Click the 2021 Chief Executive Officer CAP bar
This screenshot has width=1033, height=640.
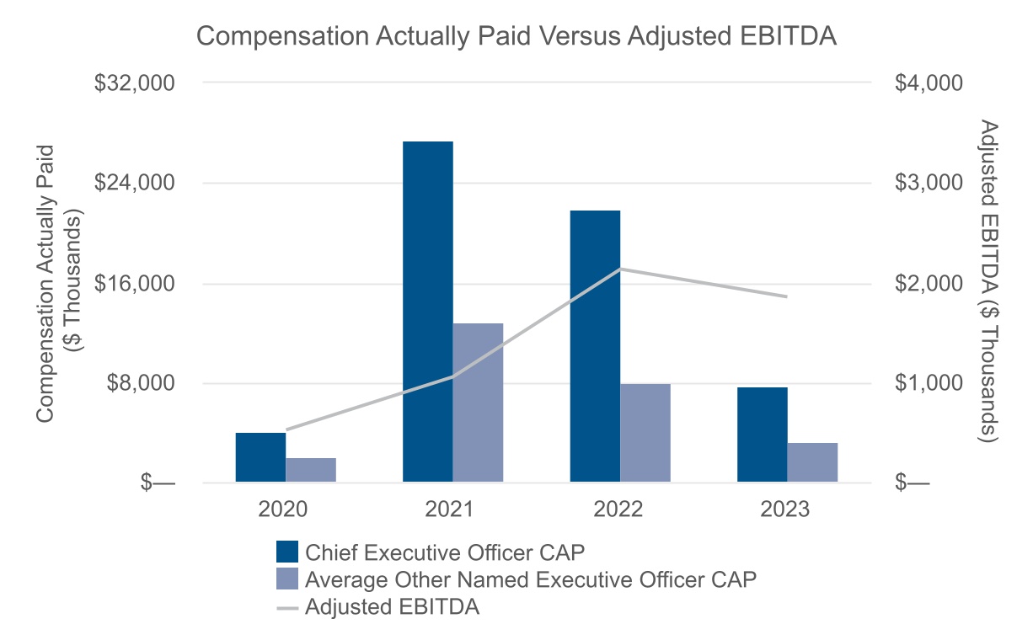coord(427,312)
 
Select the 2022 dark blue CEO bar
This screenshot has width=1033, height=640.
coord(595,346)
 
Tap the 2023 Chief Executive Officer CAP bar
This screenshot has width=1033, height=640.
coord(762,435)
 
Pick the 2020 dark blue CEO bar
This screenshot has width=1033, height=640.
coord(260,457)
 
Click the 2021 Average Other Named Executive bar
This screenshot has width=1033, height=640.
coord(478,403)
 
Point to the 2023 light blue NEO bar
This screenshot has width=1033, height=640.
coord(812,462)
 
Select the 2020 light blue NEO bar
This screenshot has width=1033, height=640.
coord(311,470)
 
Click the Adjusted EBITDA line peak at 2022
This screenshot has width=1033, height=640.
coord(620,269)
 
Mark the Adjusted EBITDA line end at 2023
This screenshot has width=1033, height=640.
coord(787,296)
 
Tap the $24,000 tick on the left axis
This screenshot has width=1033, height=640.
coord(134,183)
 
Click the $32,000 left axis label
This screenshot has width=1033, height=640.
coord(134,83)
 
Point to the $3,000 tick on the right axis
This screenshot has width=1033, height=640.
coord(929,183)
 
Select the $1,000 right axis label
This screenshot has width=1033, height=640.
coord(929,383)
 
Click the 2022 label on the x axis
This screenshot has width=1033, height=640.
coord(618,509)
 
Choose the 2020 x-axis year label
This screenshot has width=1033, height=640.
coord(283,509)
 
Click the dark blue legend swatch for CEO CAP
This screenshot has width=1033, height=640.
coord(286,552)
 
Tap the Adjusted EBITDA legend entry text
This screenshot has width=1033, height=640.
coord(392,606)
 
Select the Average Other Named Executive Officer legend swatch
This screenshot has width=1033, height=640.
coord(286,579)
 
